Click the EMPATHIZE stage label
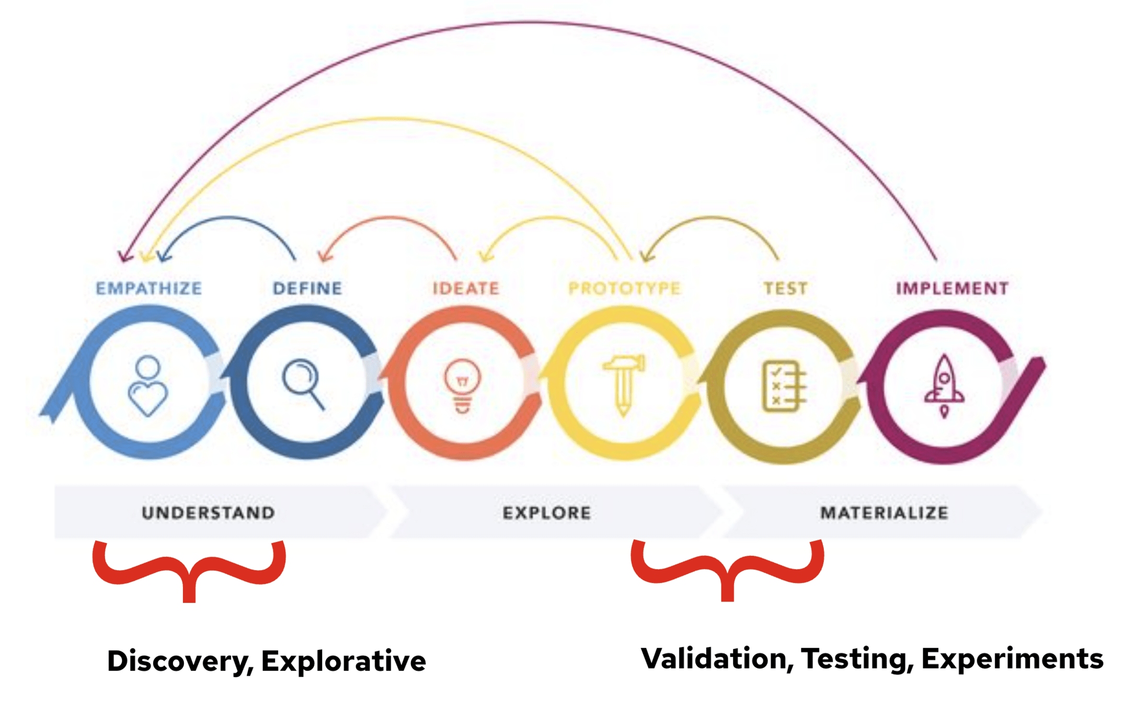click(x=149, y=288)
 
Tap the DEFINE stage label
click(x=307, y=288)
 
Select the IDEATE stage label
click(x=466, y=288)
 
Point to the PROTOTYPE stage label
click(x=624, y=288)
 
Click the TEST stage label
click(x=785, y=288)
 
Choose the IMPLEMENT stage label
click(x=952, y=288)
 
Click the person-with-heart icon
click(x=148, y=386)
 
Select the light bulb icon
click(x=462, y=386)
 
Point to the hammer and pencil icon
click(x=623, y=385)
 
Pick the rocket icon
click(x=944, y=386)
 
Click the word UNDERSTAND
click(x=208, y=513)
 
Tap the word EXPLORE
click(x=547, y=513)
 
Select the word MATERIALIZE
click(x=884, y=513)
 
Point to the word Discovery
click(x=178, y=661)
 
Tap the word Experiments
click(x=1012, y=658)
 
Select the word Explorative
click(x=343, y=661)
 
